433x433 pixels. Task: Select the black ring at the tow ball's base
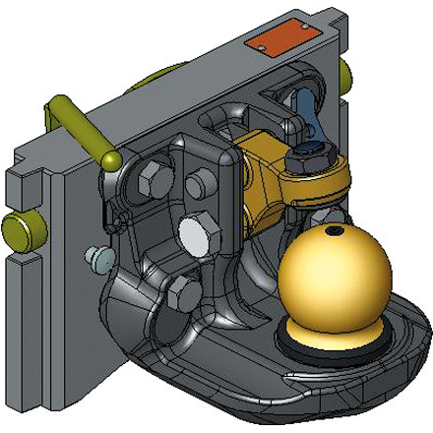295,340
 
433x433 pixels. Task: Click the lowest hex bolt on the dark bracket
178,290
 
